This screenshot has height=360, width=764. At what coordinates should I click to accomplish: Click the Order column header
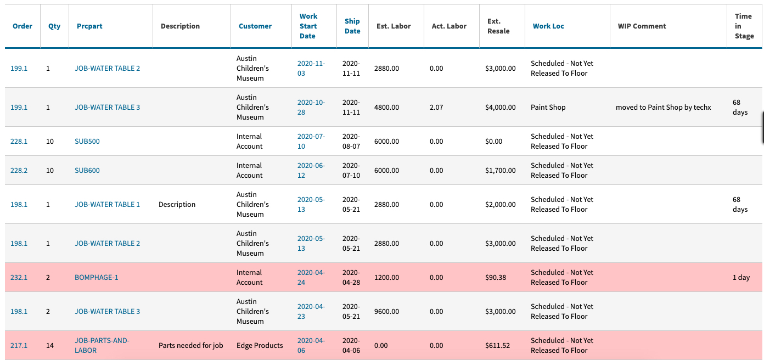point(23,26)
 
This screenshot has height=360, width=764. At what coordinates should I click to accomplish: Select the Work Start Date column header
point(308,26)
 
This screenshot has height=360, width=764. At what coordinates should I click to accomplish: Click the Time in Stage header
point(744,26)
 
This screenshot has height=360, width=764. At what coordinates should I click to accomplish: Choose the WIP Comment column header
point(642,26)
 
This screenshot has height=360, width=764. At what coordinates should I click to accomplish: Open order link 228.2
point(19,171)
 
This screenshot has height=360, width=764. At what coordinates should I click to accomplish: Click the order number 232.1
point(19,278)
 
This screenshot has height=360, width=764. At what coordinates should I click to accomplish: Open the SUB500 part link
point(87,142)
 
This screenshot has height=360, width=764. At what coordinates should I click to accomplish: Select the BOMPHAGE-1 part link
point(97,278)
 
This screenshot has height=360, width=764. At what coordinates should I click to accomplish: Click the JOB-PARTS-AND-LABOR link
point(102,346)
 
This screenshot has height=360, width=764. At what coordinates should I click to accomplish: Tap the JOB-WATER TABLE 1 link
point(107,205)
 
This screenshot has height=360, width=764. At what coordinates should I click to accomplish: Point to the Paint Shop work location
point(548,108)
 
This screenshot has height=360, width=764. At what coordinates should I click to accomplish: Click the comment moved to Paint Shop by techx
point(663,108)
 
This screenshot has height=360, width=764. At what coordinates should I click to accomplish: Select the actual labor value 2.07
point(436,108)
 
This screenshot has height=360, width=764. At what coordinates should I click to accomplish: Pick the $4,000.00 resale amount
point(500,108)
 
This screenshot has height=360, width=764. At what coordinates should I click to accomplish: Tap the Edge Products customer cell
point(260,346)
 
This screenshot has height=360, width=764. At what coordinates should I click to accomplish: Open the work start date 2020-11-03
point(311,69)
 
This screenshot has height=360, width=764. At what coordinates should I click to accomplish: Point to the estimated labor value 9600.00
point(386,312)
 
